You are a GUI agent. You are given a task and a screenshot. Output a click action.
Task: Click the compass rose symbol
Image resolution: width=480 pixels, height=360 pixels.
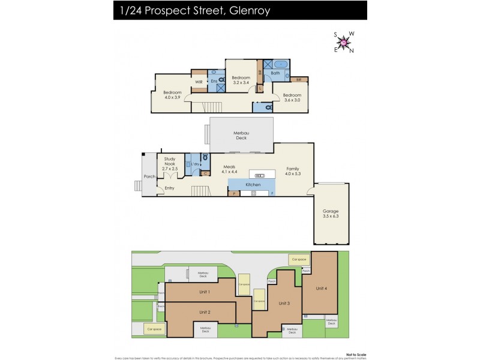pyautogui.click(x=343, y=42)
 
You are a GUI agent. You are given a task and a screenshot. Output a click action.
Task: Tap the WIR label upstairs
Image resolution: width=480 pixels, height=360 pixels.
pyautogui.click(x=199, y=82)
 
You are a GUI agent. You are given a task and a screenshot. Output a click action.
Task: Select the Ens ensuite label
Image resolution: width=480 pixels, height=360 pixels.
pyautogui.click(x=214, y=82)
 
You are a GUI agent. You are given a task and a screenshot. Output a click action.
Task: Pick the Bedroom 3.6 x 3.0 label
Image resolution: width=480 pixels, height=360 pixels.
pyautogui.click(x=292, y=98)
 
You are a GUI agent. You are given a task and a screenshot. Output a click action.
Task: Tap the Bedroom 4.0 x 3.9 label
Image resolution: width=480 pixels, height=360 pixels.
pyautogui.click(x=172, y=95)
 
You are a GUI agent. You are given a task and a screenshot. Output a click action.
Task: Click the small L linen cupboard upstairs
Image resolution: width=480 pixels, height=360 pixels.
pyautogui.click(x=259, y=88)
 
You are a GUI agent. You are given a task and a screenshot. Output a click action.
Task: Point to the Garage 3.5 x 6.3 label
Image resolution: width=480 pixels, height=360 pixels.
pyautogui.click(x=331, y=214)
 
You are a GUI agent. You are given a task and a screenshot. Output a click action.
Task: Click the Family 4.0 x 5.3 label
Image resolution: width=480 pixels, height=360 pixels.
pyautogui.click(x=292, y=171)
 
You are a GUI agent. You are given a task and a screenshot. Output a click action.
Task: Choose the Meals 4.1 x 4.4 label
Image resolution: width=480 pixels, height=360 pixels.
pyautogui.click(x=230, y=169)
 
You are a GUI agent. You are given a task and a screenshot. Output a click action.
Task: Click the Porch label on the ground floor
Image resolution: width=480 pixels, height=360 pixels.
pyautogui.click(x=149, y=176)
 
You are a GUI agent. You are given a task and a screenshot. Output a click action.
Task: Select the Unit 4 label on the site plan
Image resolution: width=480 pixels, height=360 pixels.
pyautogui.click(x=322, y=288)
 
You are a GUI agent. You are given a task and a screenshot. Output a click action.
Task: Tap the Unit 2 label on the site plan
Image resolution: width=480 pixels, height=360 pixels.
pyautogui.click(x=205, y=312)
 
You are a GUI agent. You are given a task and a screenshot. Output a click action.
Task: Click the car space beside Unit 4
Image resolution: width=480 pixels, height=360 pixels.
pyautogui.click(x=298, y=259)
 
